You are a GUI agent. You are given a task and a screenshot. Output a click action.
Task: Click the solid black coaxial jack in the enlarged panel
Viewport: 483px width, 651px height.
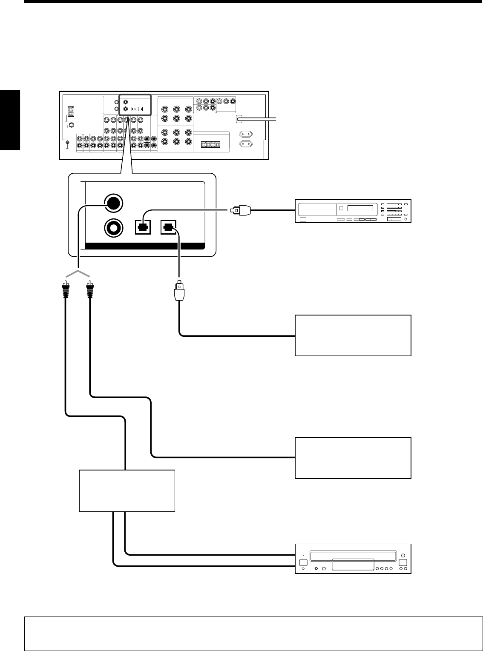[113, 204]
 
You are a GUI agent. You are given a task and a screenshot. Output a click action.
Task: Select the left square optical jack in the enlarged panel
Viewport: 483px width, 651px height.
[143, 227]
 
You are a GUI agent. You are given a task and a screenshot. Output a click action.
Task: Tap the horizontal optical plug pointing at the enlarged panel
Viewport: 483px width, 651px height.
[241, 210]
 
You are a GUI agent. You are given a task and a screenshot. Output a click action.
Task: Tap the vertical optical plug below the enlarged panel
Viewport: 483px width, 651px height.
[179, 290]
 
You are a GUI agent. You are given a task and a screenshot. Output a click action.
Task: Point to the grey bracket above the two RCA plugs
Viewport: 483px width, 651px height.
[78, 272]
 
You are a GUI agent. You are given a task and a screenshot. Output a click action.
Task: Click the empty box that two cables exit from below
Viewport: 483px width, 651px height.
[127, 490]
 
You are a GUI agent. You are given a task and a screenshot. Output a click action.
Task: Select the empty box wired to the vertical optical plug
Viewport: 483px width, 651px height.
[353, 335]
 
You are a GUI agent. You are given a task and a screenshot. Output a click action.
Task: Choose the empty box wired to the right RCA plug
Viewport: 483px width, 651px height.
[353, 458]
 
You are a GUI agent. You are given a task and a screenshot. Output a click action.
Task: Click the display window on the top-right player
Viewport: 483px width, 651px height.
[363, 209]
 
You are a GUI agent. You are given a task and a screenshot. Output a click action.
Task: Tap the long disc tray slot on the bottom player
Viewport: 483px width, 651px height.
[353, 556]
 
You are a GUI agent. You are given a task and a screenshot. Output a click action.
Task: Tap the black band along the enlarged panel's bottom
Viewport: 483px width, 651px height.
[145, 246]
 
